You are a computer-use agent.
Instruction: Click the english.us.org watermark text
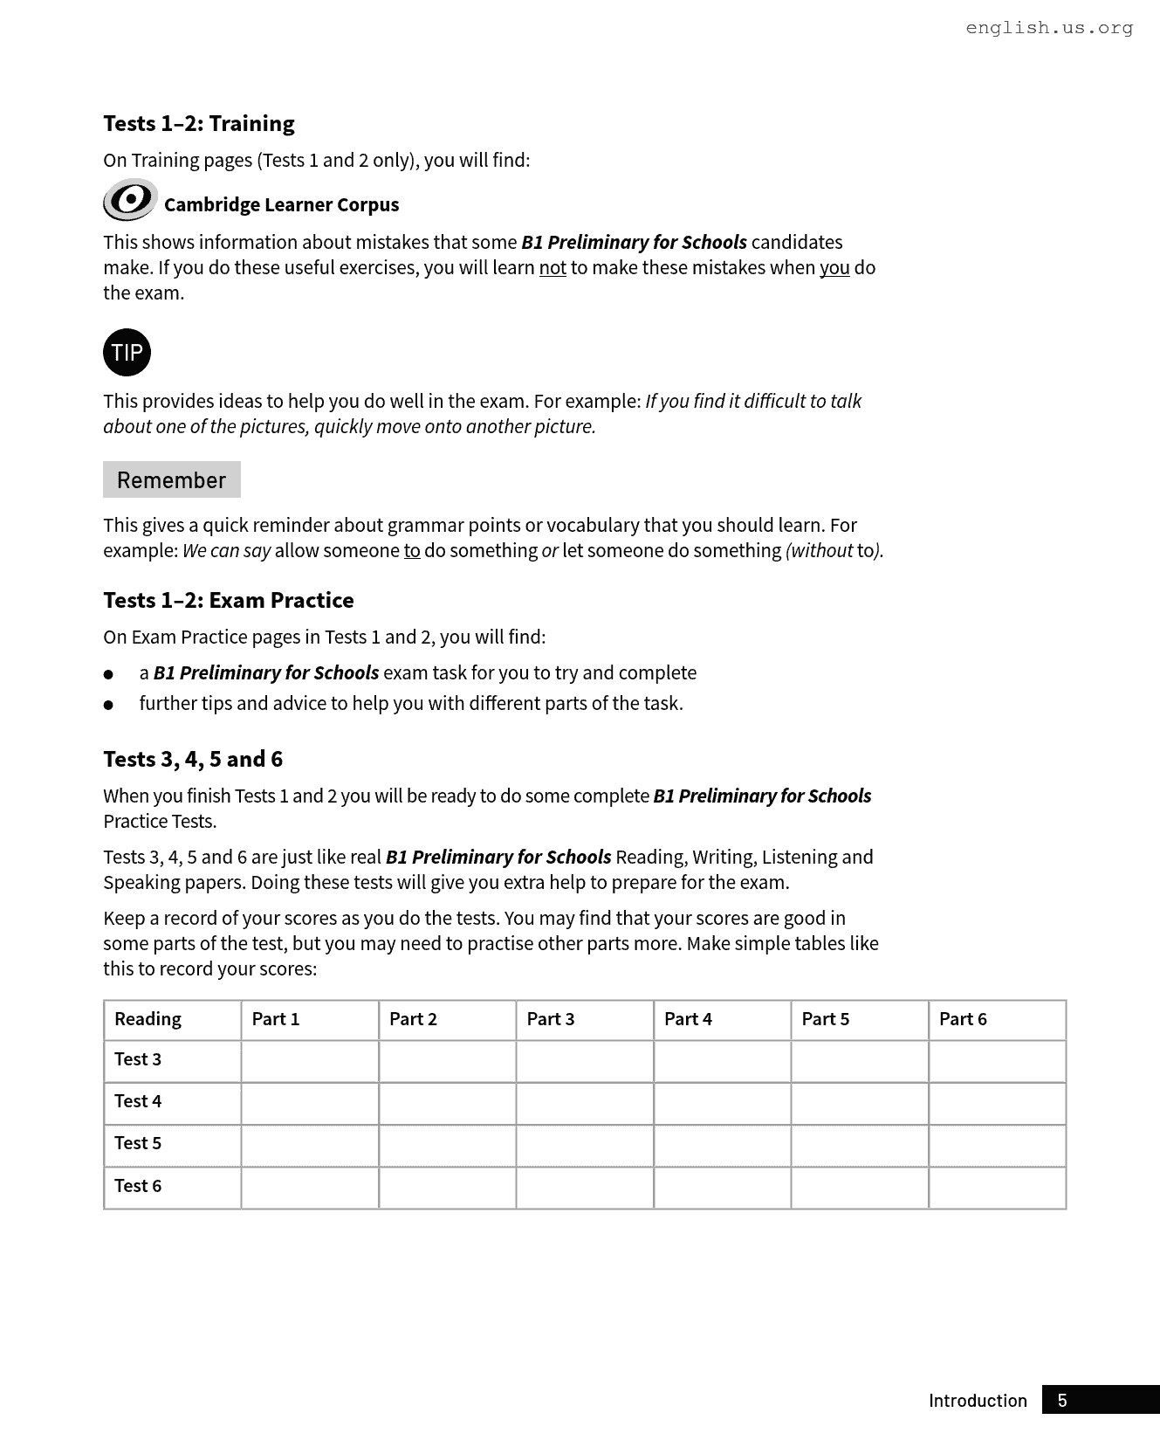click(x=1049, y=28)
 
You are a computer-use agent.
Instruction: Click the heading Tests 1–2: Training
click(x=199, y=123)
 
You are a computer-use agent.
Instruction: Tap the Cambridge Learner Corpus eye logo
click(x=130, y=200)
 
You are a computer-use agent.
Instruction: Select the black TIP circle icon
click(x=127, y=352)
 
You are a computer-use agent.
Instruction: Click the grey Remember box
click(x=172, y=479)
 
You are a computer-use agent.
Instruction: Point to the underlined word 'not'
click(x=553, y=268)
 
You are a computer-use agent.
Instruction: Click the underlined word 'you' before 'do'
click(x=834, y=268)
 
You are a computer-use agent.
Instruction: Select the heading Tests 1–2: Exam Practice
click(x=229, y=600)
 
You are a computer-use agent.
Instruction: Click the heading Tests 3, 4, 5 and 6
click(x=193, y=759)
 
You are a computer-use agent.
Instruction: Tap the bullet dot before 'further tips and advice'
click(x=108, y=705)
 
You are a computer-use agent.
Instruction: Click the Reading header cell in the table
click(x=148, y=1019)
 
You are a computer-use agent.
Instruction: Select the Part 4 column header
click(x=688, y=1019)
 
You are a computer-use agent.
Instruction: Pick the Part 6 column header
click(x=963, y=1019)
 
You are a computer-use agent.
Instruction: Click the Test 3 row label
click(x=138, y=1059)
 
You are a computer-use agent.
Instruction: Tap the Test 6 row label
click(x=138, y=1186)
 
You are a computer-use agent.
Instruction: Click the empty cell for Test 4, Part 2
click(x=447, y=1103)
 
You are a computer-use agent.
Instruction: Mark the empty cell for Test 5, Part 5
click(x=859, y=1145)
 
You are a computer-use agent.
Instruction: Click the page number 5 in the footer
click(x=1062, y=1401)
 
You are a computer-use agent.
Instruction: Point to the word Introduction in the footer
click(x=978, y=1401)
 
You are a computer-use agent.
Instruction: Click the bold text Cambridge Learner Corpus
click(x=281, y=205)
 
